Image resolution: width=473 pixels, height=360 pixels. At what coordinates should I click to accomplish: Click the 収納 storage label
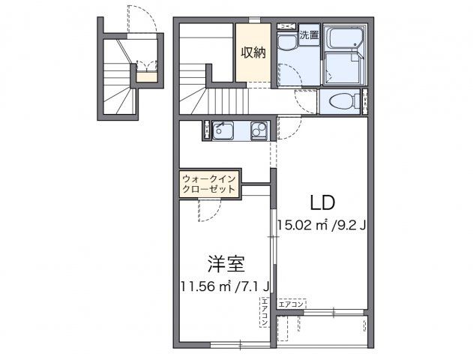pyautogui.click(x=253, y=52)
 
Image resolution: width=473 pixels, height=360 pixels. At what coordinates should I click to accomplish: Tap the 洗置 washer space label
pyautogui.click(x=309, y=34)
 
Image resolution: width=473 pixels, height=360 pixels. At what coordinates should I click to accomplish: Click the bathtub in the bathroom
pyautogui.click(x=346, y=37)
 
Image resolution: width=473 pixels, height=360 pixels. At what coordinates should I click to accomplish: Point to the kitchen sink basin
pyautogui.click(x=224, y=131)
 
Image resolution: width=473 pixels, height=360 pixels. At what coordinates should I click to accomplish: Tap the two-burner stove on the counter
pyautogui.click(x=259, y=131)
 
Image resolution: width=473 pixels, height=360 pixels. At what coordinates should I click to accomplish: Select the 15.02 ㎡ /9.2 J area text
pyautogui.click(x=321, y=224)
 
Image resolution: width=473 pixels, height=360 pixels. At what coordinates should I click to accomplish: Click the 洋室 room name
pyautogui.click(x=226, y=264)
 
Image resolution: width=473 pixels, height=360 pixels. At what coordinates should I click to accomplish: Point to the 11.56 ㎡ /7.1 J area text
pyautogui.click(x=226, y=286)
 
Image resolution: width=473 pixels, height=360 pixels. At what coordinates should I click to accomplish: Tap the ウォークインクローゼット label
pyautogui.click(x=209, y=184)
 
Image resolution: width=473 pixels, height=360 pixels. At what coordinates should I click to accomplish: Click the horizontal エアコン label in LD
pyautogui.click(x=291, y=304)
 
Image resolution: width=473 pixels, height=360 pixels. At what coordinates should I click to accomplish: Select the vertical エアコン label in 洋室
pyautogui.click(x=265, y=312)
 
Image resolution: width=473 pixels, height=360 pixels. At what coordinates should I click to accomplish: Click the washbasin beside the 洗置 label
pyautogui.click(x=287, y=43)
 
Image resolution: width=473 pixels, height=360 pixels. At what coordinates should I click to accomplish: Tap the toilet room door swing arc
pyautogui.click(x=306, y=100)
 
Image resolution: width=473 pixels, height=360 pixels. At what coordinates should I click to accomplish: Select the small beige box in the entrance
pyautogui.click(x=147, y=75)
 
